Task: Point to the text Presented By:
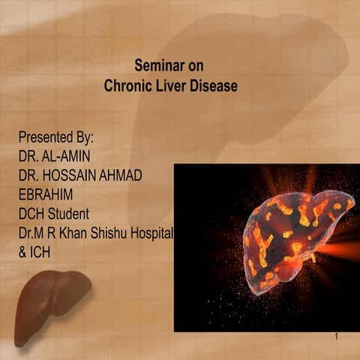55,139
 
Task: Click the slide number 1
337,337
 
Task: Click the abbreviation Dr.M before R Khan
33,233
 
